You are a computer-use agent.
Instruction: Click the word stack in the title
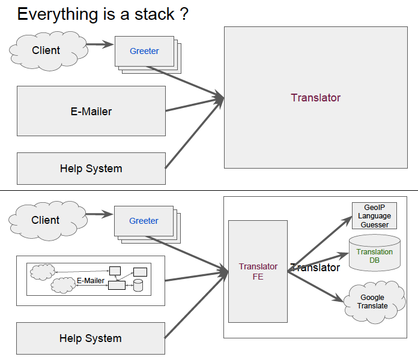pyautogui.click(x=154, y=14)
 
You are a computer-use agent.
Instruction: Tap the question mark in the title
pyautogui.click(x=184, y=14)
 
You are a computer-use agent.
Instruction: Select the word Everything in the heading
pyautogui.click(x=57, y=15)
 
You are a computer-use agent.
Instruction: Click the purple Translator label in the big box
pyautogui.click(x=316, y=98)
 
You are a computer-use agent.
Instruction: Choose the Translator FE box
pyautogui.click(x=258, y=271)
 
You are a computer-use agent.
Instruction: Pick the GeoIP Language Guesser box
pyautogui.click(x=374, y=215)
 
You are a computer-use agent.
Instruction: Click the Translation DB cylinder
pyautogui.click(x=375, y=253)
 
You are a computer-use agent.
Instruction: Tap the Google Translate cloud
pyautogui.click(x=374, y=302)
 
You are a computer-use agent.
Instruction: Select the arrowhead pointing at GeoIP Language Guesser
pyautogui.click(x=347, y=221)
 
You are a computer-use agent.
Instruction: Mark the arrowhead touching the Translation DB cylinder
pyautogui.click(x=344, y=256)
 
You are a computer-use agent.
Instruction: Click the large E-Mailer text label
pyautogui.click(x=91, y=112)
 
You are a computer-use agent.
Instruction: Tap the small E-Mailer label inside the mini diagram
pyautogui.click(x=90, y=281)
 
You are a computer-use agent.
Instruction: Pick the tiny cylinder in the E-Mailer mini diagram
pyautogui.click(x=138, y=285)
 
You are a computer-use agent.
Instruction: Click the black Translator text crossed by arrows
pyautogui.click(x=315, y=268)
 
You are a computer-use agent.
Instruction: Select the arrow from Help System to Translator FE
pyautogui.click(x=196, y=305)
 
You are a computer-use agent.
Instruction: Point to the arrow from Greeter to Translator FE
pyautogui.click(x=187, y=253)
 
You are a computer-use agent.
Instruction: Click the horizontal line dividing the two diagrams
pyautogui.click(x=209, y=190)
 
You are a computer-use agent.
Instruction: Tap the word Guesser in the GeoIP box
pyautogui.click(x=375, y=225)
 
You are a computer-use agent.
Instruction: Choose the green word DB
pyautogui.click(x=374, y=260)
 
